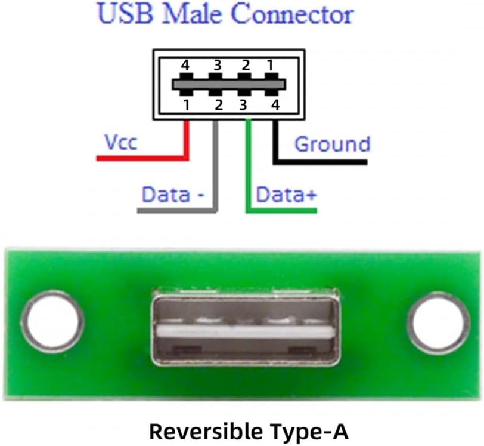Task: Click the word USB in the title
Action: coord(125,14)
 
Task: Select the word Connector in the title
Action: coord(292,14)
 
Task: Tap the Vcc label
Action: coord(120,142)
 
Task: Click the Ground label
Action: coord(332,144)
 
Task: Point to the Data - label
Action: coord(173,195)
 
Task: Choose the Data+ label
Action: coord(286,195)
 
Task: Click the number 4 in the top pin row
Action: coord(185,66)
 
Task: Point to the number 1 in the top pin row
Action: coord(270,66)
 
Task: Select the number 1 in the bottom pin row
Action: coord(186,105)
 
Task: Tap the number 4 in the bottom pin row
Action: coord(275,105)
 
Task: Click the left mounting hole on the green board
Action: coord(52,322)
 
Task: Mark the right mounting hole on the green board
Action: coord(438,323)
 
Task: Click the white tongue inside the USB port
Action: coord(246,332)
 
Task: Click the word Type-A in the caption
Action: coord(309,432)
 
